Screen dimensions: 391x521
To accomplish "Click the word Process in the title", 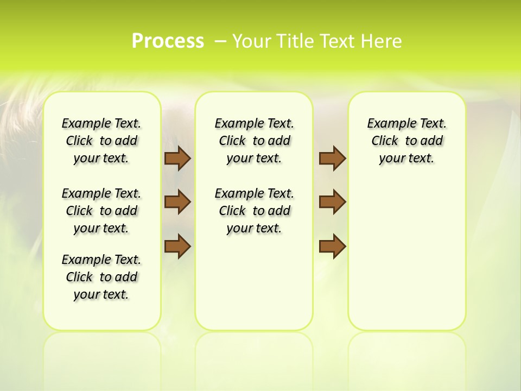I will pos(168,41).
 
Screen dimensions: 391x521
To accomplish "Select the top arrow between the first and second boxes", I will pos(177,158).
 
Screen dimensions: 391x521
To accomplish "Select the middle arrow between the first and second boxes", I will pos(177,202).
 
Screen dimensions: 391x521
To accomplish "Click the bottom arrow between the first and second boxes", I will pos(177,247).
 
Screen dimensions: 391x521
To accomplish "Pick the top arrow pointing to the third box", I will pos(332,158).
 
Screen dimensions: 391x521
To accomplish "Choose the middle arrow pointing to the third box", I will pos(332,202).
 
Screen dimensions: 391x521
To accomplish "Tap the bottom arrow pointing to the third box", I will pos(332,247).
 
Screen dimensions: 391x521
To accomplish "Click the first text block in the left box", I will pos(101,141).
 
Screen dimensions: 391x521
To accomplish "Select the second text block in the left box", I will pos(101,211).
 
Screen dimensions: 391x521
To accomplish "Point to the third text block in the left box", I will pos(101,277).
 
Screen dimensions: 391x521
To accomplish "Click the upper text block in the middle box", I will pos(254,141).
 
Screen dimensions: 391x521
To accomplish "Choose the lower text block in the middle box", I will pos(254,211).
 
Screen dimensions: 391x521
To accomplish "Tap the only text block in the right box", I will pos(406,141).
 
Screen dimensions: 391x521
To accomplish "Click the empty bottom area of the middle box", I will pos(254,288).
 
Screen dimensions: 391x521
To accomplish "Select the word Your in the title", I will pos(251,41).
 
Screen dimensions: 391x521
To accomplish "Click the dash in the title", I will pos(220,41).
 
